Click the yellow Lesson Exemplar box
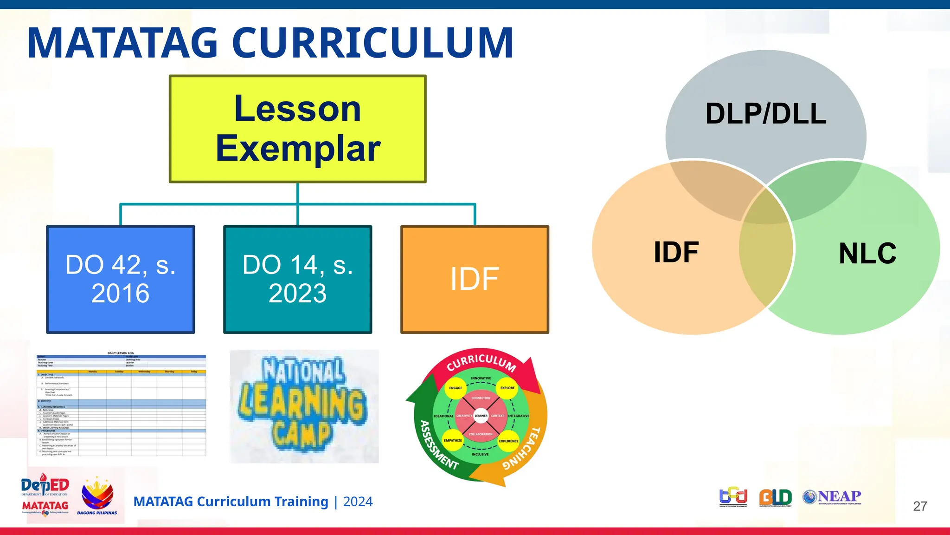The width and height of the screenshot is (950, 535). point(297,129)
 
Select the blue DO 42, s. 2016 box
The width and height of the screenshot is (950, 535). point(121,279)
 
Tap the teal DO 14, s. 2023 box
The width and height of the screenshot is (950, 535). point(297,279)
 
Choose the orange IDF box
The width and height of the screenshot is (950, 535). point(475,279)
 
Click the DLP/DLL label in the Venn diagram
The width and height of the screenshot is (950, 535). point(766,114)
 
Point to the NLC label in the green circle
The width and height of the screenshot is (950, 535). point(867,254)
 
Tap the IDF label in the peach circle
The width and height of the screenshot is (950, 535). point(676,252)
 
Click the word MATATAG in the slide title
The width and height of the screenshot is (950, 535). point(122,43)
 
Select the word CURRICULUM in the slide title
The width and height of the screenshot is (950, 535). point(372,43)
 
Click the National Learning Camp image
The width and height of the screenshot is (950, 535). point(304,406)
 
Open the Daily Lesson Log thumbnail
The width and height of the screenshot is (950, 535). point(121,404)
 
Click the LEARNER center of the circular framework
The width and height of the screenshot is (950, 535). point(481,416)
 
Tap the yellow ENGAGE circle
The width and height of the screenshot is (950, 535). point(456,388)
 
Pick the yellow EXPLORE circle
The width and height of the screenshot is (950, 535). point(507,388)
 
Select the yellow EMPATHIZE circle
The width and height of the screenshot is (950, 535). point(453,440)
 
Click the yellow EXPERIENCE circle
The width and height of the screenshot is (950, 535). point(508,441)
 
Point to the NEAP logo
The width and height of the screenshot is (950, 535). point(832,497)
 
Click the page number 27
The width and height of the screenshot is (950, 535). point(920,506)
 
